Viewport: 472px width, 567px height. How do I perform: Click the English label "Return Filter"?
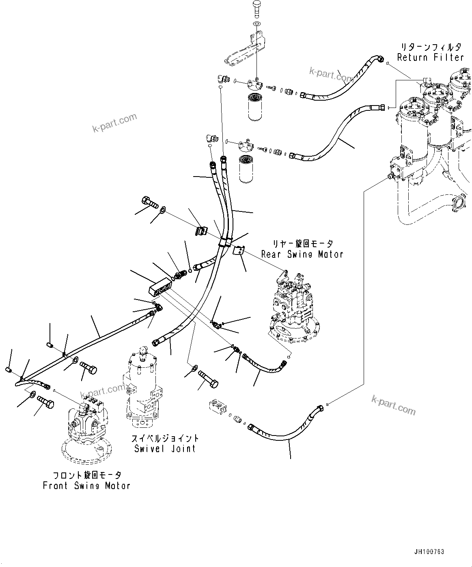coord(430,57)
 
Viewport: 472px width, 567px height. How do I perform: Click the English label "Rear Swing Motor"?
coord(302,254)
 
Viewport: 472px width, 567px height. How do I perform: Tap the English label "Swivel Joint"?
coord(165,448)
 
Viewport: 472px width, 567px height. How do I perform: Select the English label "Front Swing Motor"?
coord(86,485)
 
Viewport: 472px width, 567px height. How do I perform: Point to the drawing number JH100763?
coord(429,552)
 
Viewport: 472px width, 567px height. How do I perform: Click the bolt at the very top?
coord(257,8)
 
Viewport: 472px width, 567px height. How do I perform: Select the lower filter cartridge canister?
coord(247,168)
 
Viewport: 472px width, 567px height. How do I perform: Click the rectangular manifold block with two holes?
coord(161,287)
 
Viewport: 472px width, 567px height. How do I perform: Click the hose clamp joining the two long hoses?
coord(224,242)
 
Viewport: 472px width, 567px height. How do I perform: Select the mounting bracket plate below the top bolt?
coord(244,51)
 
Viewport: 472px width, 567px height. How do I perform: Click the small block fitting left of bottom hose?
coord(220,407)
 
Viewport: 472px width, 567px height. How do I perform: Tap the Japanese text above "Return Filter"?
coord(430,47)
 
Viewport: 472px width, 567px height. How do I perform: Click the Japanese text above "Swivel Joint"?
coord(165,438)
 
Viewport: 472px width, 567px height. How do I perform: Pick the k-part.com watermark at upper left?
coord(115,123)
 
